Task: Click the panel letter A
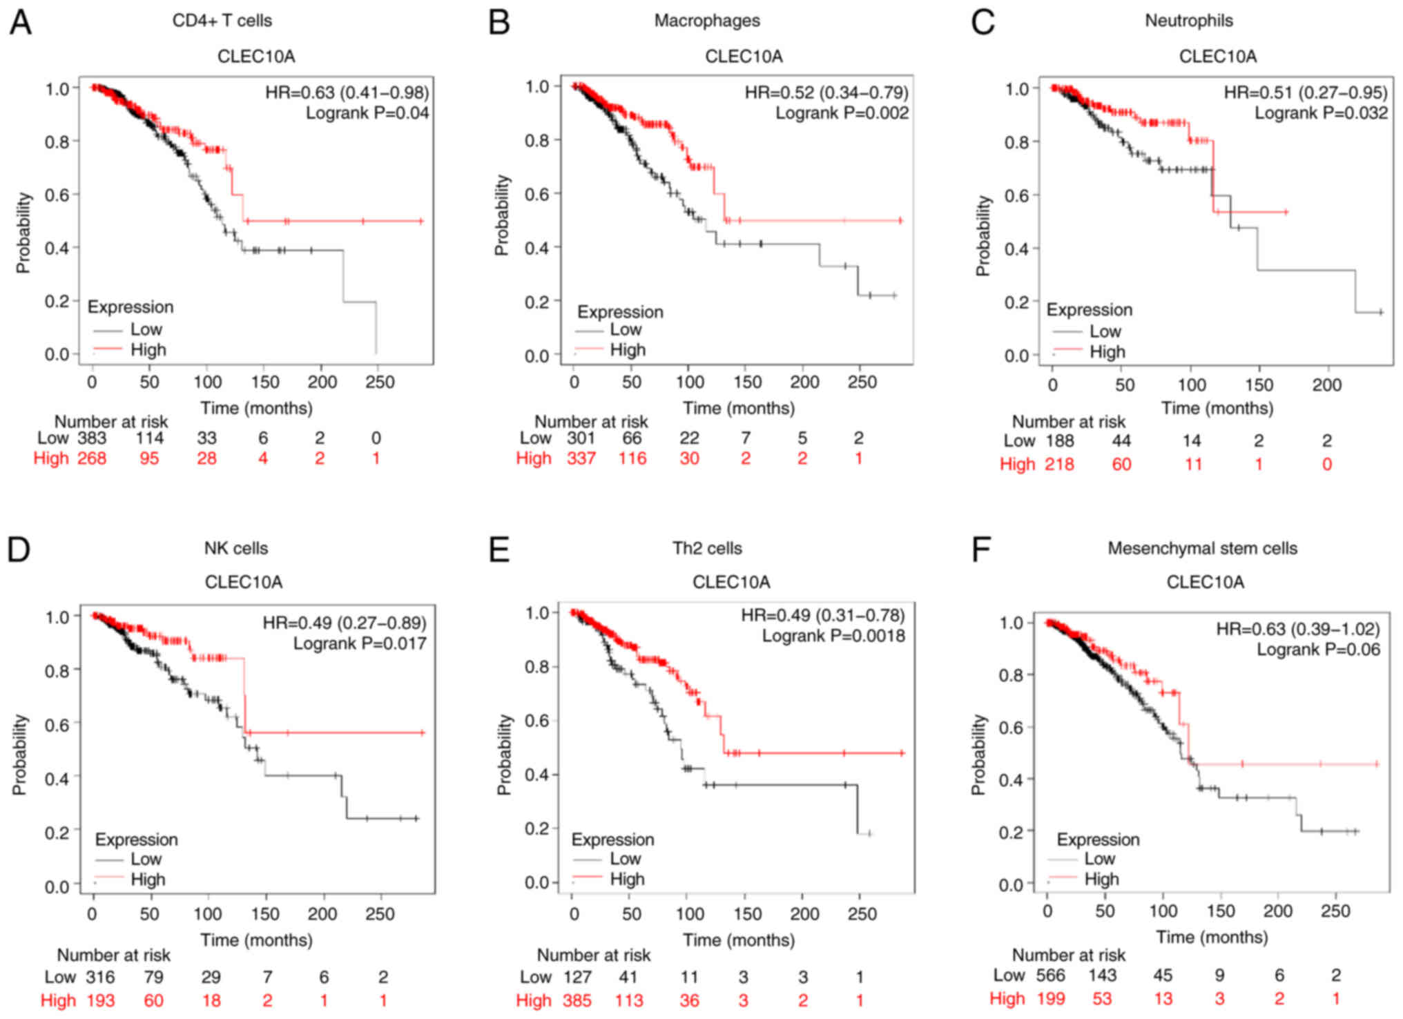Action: click(20, 23)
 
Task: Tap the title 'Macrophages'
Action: click(707, 21)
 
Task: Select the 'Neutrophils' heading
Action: click(1188, 21)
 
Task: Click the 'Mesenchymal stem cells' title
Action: click(1202, 548)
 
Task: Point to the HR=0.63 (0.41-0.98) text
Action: click(347, 93)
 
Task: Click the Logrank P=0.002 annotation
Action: click(842, 113)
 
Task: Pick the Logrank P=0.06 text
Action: click(1317, 650)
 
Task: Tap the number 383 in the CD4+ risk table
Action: click(91, 438)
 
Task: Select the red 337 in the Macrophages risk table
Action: click(581, 458)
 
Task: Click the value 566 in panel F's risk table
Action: click(1050, 976)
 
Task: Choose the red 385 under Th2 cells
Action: click(576, 1000)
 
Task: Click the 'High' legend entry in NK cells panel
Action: click(148, 880)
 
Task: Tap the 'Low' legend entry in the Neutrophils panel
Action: click(1105, 331)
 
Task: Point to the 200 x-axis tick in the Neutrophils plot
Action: click(1326, 385)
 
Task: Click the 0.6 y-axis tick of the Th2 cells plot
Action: click(539, 721)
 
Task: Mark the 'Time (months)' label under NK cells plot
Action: click(256, 940)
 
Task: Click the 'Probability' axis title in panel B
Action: click(502, 215)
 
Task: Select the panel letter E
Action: click(499, 550)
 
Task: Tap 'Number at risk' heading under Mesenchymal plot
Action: click(1068, 955)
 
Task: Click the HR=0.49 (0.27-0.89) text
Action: click(344, 623)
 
